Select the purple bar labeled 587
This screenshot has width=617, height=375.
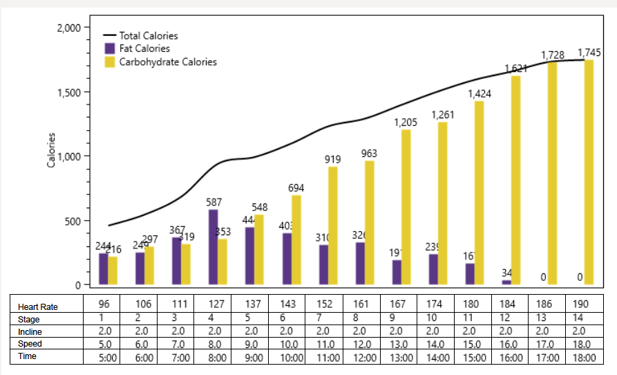213,247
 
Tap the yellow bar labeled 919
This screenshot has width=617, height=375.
332,226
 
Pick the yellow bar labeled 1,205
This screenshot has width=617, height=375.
406,207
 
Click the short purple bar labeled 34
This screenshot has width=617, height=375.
506,282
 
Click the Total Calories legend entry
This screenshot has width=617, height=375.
148,36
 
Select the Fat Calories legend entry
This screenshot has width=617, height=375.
144,49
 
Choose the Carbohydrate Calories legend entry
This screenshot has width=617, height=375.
167,62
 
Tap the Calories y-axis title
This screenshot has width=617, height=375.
51,151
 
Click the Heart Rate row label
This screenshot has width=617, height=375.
38,307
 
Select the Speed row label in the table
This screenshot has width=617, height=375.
30,344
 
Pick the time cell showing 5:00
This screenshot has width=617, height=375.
102,357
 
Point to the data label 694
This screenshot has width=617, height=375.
296,188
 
